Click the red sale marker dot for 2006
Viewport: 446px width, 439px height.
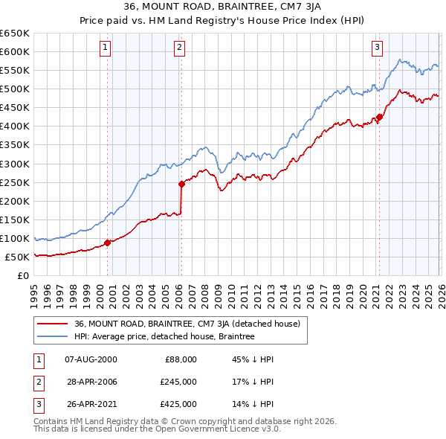tap(181, 184)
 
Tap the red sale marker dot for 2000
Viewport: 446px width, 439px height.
tap(107, 242)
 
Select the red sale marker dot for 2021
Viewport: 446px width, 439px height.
tap(378, 116)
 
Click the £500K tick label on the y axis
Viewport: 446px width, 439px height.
tap(15, 89)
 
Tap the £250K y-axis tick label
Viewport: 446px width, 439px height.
tap(15, 182)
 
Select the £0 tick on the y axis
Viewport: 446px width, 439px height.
tap(23, 275)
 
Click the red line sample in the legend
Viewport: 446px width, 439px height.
tap(54, 324)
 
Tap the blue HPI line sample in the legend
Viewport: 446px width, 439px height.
tap(54, 336)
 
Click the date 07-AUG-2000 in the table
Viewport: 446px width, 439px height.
tap(91, 359)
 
